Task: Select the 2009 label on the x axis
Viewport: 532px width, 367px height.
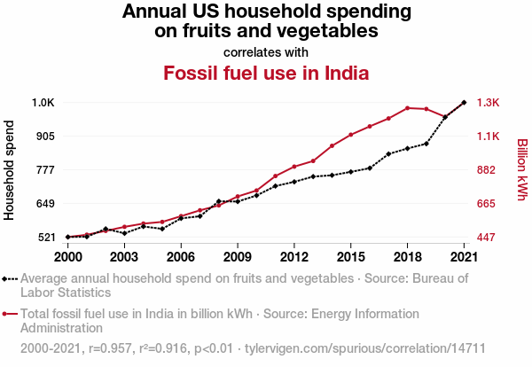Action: (x=238, y=257)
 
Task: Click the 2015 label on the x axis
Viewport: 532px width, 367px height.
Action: (x=350, y=257)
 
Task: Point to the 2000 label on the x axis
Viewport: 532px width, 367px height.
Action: (x=67, y=257)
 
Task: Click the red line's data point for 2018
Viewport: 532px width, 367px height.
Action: (x=407, y=108)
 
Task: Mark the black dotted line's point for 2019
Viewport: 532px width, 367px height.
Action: (x=426, y=144)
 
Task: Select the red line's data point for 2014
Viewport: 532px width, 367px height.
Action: (x=332, y=145)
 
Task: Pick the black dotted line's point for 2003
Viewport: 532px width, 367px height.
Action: (x=124, y=233)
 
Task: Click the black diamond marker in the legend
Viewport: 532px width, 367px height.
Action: (x=6, y=279)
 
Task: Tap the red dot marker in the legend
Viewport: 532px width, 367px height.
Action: (x=6, y=314)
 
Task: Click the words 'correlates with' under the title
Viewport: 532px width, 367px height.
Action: (x=266, y=51)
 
